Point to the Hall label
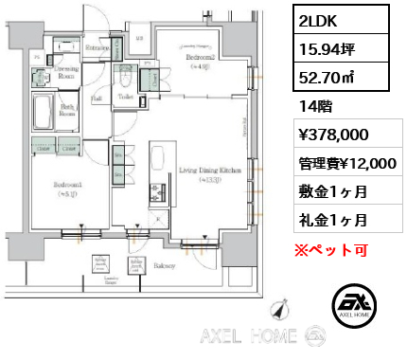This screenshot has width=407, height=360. (x=97, y=98)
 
